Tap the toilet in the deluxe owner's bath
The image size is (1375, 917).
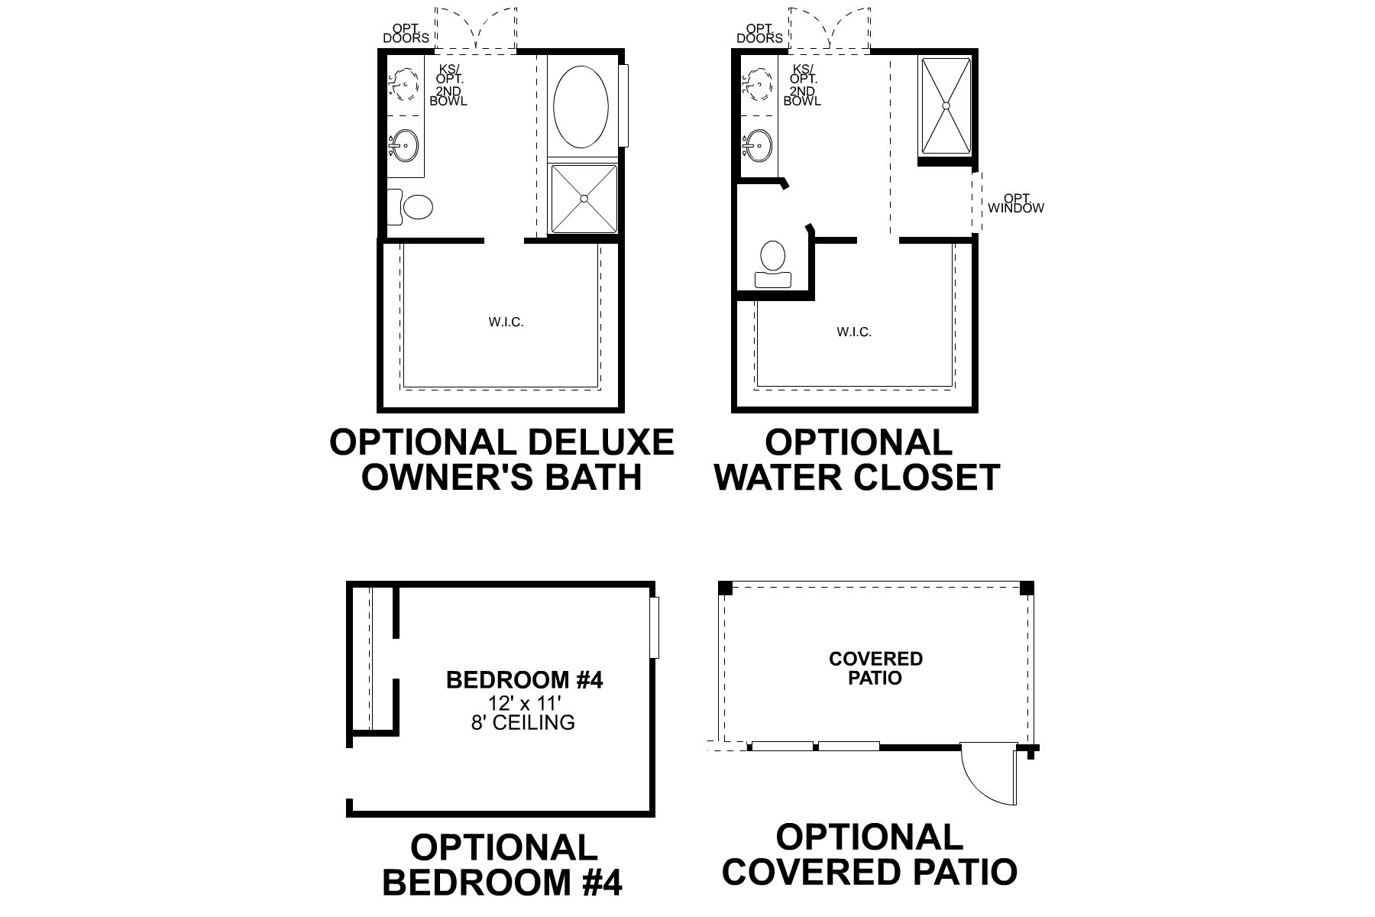[x=412, y=206]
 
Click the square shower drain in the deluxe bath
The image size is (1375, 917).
[x=584, y=198]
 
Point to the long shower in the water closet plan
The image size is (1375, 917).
[x=946, y=105]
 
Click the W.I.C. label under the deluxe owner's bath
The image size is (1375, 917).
[x=506, y=322]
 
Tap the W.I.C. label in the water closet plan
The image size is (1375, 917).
[x=854, y=332]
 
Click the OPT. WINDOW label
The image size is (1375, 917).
[x=1015, y=204]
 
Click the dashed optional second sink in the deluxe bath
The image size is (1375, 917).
[x=404, y=83]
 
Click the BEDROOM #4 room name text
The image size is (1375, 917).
[x=524, y=680]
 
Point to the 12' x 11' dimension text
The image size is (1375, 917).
[x=524, y=702]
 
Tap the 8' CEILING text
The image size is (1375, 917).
[x=523, y=722]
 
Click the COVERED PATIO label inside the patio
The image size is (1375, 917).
[x=875, y=669]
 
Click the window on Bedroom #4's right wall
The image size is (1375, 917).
[x=655, y=627]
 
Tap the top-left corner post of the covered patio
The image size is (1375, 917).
[x=725, y=588]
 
